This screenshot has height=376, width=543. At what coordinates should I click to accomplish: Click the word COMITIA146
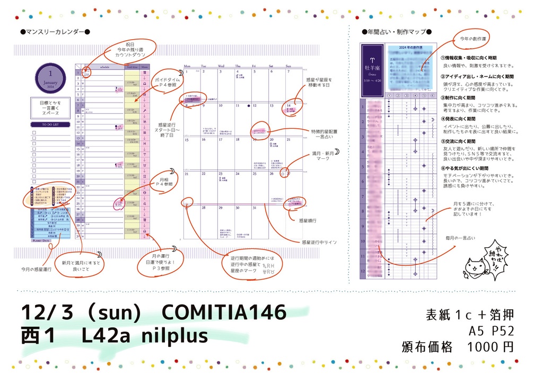(224, 312)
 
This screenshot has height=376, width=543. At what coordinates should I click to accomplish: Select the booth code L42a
(108, 335)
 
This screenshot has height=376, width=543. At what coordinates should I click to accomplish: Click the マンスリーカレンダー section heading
(55, 32)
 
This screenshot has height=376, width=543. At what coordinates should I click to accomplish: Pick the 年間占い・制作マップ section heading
(396, 32)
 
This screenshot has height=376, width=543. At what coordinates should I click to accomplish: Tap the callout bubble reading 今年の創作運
(473, 39)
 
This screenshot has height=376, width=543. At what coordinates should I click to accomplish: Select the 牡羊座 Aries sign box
(372, 70)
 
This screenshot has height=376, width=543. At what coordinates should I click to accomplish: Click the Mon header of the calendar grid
(187, 67)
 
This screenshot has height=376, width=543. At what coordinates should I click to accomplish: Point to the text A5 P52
(492, 331)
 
